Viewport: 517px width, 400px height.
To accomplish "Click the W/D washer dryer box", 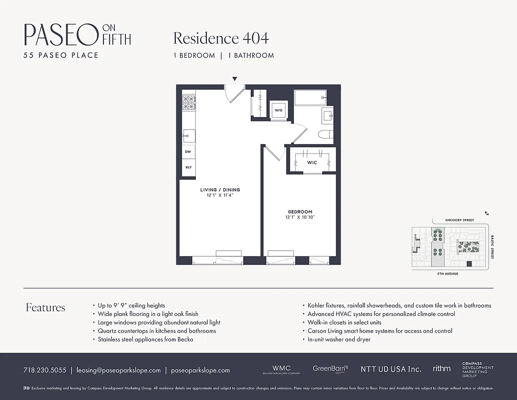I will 278,110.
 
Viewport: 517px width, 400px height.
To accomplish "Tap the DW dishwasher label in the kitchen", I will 188,151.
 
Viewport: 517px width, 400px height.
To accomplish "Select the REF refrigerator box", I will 188,167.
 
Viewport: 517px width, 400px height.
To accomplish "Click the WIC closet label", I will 312,162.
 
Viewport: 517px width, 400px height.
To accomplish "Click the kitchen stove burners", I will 188,102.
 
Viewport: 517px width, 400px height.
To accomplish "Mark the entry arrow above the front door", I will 234,79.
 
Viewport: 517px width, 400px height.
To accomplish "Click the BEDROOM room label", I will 300,211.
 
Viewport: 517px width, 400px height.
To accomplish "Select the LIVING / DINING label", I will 220,190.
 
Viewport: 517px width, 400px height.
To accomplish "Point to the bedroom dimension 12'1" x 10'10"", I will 300,217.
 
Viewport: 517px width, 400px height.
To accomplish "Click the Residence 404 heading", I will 221,38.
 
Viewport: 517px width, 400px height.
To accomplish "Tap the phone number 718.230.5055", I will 44,370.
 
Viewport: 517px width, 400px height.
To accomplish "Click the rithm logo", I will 442,368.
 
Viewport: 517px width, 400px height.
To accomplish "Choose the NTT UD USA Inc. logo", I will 391,369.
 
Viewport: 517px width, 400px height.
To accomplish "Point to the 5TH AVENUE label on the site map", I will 448,274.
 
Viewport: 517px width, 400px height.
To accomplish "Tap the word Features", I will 45,307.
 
